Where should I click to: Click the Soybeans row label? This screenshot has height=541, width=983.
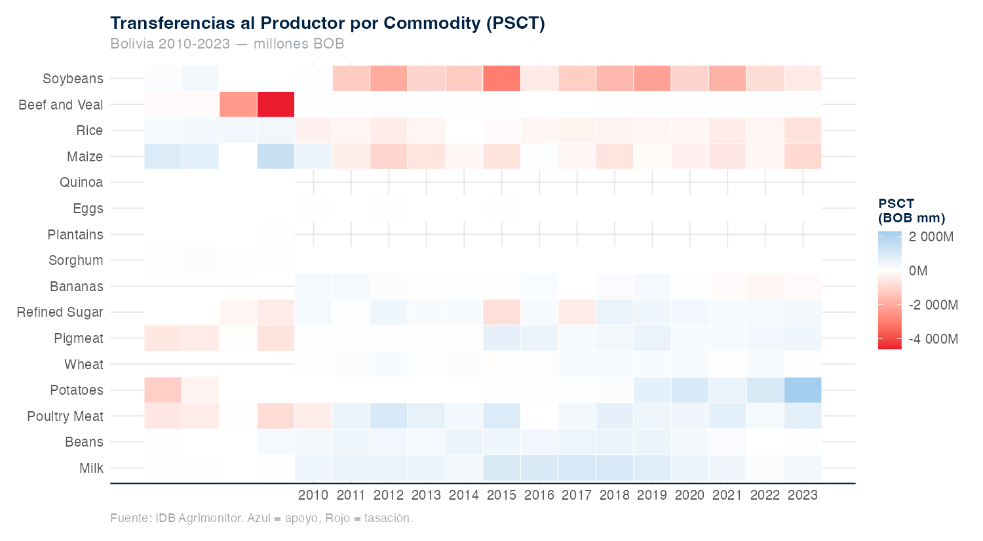tap(73, 79)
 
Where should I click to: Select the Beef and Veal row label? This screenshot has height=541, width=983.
tap(61, 105)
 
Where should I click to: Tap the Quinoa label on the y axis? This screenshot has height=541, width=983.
tap(81, 182)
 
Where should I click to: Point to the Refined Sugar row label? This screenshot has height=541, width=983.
tap(60, 312)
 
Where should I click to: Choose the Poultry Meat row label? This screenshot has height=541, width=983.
tap(66, 416)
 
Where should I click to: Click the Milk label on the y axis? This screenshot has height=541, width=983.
tap(92, 468)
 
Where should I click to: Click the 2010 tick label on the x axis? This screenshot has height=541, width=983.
tap(313, 495)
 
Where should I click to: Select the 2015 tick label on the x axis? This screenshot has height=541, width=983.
tap(501, 495)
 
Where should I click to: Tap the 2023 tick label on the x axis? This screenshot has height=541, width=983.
tap(803, 495)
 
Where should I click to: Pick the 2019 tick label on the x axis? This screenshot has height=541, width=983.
tap(652, 495)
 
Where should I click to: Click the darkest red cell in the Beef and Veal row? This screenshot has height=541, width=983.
tap(276, 104)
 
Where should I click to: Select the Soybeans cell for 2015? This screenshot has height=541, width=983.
tap(501, 79)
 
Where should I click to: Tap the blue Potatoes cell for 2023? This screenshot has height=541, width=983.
tap(803, 390)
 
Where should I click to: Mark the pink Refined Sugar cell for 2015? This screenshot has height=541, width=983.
tap(501, 312)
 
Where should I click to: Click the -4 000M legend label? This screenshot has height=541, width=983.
tap(933, 339)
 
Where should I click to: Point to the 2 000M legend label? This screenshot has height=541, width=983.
tap(931, 237)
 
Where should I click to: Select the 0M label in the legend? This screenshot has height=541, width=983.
tap(918, 271)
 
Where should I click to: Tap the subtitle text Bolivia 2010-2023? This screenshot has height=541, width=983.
tap(170, 44)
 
